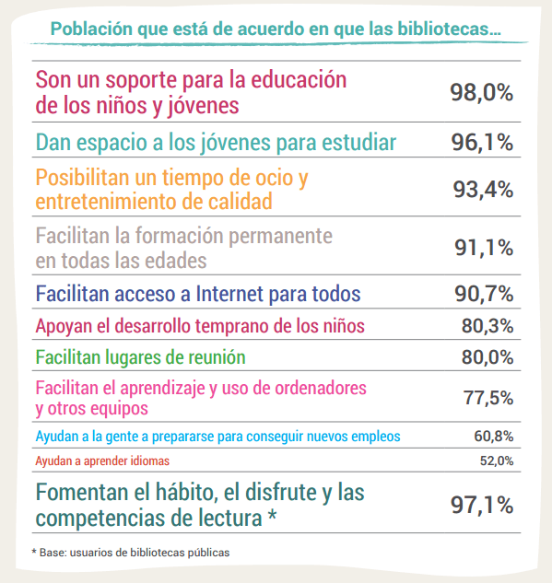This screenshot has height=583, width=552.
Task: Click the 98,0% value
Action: [481, 93]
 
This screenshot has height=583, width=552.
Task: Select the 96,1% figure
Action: [482, 143]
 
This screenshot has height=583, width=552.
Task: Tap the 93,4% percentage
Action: [483, 190]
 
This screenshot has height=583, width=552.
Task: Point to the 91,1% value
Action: [484, 248]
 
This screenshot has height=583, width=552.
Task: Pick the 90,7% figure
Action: [484, 294]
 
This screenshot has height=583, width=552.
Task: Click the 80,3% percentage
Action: [487, 326]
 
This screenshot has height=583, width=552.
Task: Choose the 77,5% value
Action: [488, 398]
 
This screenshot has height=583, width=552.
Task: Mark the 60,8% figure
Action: [494, 437]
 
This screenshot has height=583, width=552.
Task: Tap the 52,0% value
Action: [497, 461]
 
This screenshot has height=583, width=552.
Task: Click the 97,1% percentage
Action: [482, 506]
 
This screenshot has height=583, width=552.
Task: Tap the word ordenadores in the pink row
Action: [321, 388]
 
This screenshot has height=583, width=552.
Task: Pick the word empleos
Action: [376, 437]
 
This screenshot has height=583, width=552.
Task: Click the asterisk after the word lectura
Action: [273, 516]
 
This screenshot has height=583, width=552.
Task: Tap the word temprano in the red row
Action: [232, 326]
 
